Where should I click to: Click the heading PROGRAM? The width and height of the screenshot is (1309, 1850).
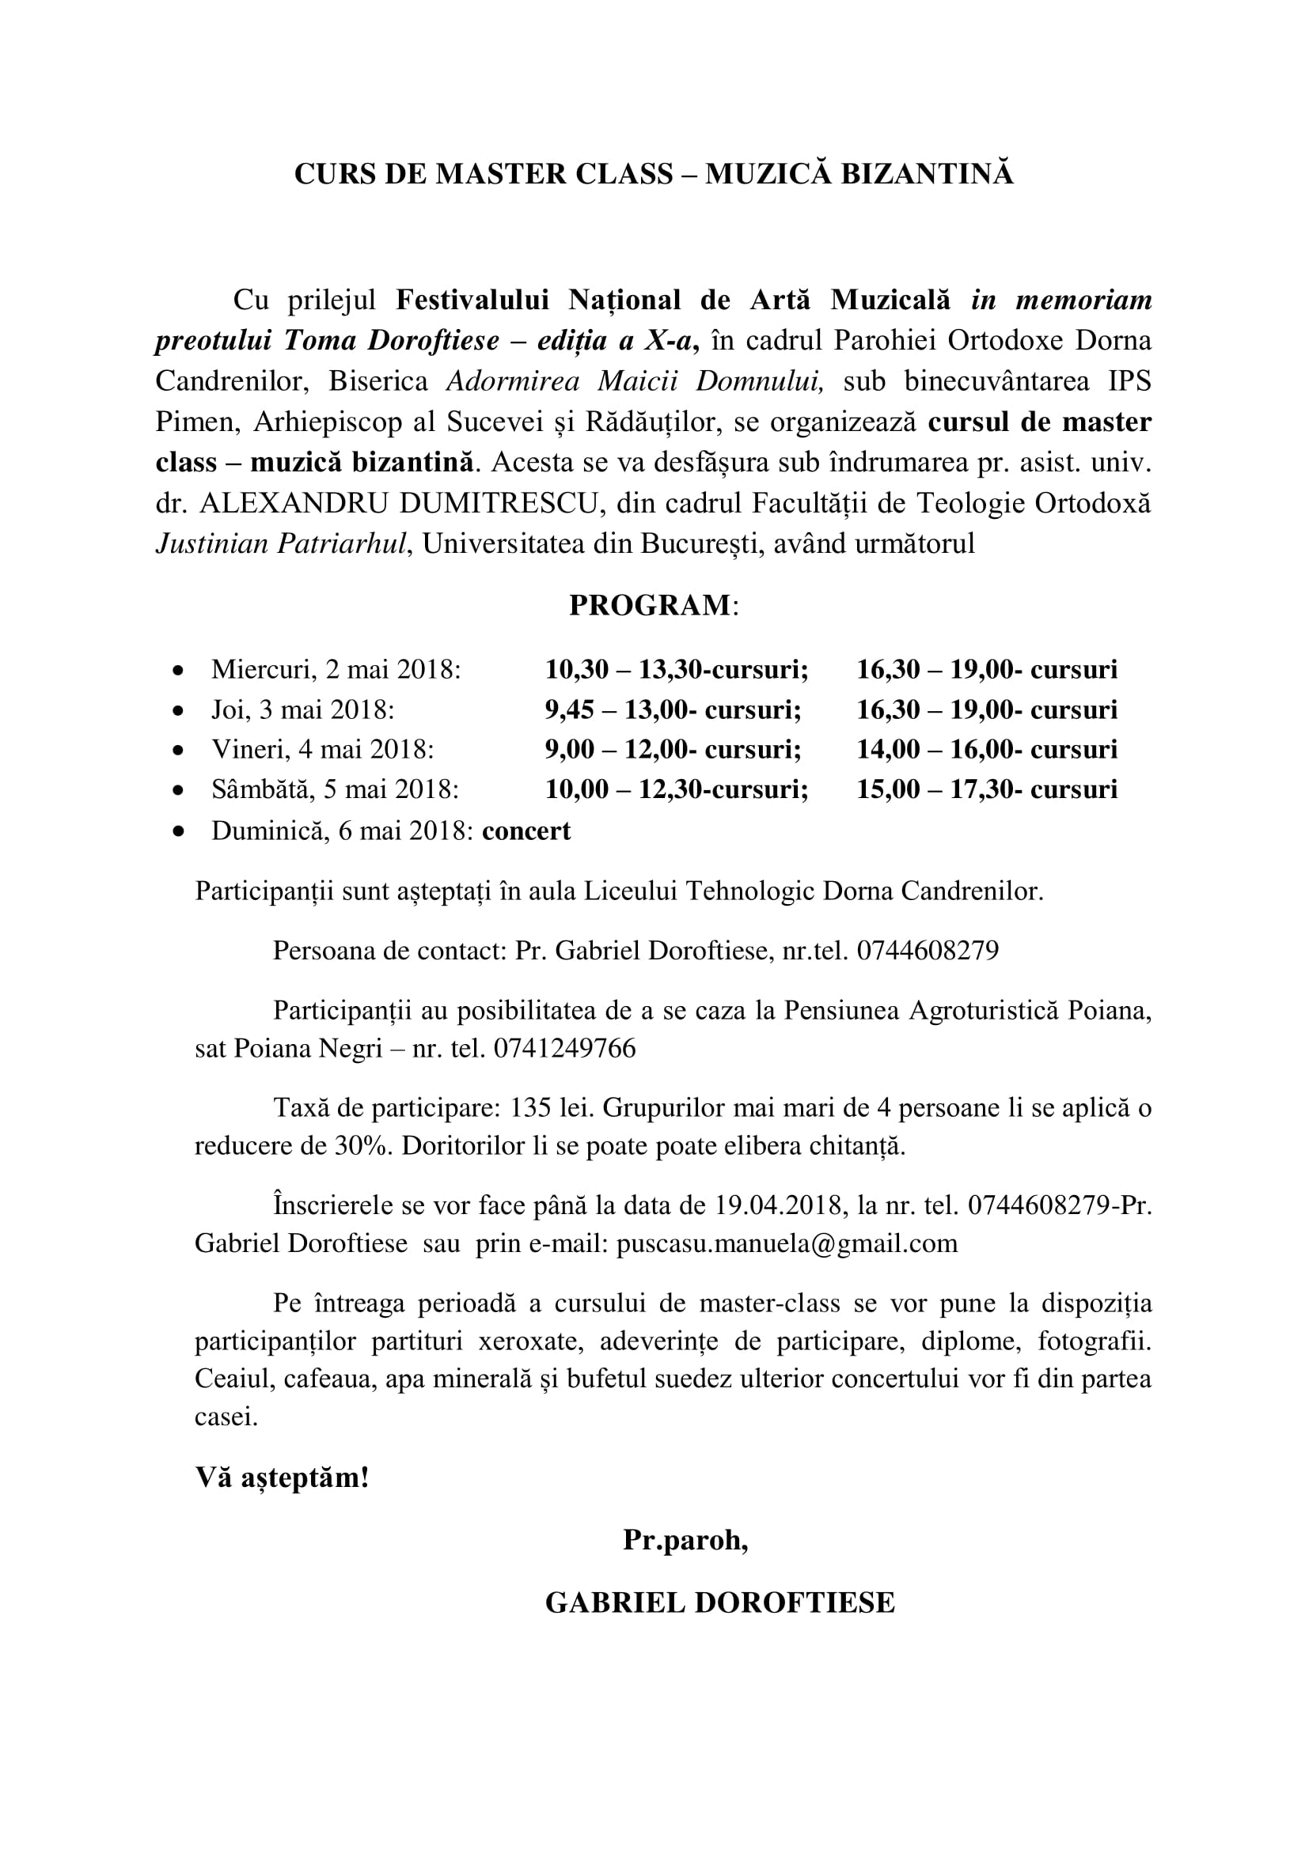click(649, 605)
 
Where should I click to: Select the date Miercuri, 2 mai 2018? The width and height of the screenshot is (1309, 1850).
click(336, 670)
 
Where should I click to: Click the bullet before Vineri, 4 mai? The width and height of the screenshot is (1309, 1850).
click(179, 750)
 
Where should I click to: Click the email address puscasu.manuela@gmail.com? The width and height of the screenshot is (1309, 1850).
click(787, 1243)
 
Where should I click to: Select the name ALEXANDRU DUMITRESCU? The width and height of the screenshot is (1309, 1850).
click(402, 504)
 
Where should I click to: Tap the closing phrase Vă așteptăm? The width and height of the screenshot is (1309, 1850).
click(282, 1477)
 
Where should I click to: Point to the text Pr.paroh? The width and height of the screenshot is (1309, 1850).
click(685, 1540)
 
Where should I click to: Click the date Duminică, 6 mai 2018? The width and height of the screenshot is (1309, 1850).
click(342, 830)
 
